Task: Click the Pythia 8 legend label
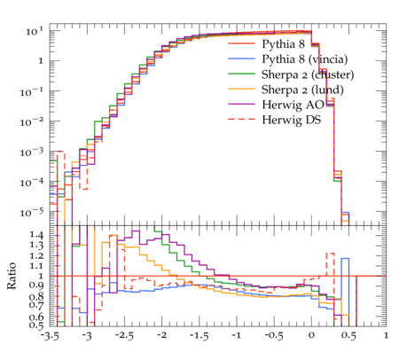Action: click(283, 44)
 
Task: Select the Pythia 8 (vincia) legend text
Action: click(305, 59)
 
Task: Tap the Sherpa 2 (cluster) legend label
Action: click(308, 74)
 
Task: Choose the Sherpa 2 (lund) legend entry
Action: click(302, 90)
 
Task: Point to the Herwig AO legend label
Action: click(293, 105)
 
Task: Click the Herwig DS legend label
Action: click(292, 120)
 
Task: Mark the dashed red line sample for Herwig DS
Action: click(241, 119)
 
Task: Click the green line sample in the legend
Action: click(241, 74)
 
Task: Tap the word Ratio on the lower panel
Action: click(12, 276)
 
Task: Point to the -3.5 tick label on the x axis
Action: click(49, 336)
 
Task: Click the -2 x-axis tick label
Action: click(161, 335)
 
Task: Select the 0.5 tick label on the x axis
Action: click(348, 336)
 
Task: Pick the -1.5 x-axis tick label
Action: click(199, 336)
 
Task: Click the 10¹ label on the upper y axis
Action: click(35, 31)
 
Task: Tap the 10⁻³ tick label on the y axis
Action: click(32, 152)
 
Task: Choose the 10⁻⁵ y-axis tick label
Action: click(32, 212)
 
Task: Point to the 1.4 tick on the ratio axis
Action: click(36, 235)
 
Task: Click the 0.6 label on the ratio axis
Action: click(36, 317)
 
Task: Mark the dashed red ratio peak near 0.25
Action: click(330, 254)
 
